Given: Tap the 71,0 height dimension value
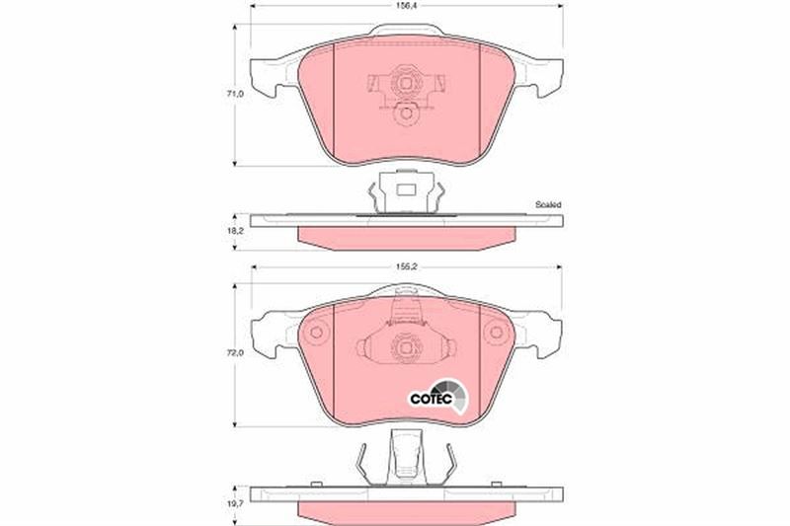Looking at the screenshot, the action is click(235, 94).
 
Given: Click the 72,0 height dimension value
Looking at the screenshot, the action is click(235, 353).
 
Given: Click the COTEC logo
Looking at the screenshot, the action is click(437, 396).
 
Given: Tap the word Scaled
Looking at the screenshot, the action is click(548, 205).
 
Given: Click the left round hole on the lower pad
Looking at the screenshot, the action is click(316, 333).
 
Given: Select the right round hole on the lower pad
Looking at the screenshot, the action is click(497, 333).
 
